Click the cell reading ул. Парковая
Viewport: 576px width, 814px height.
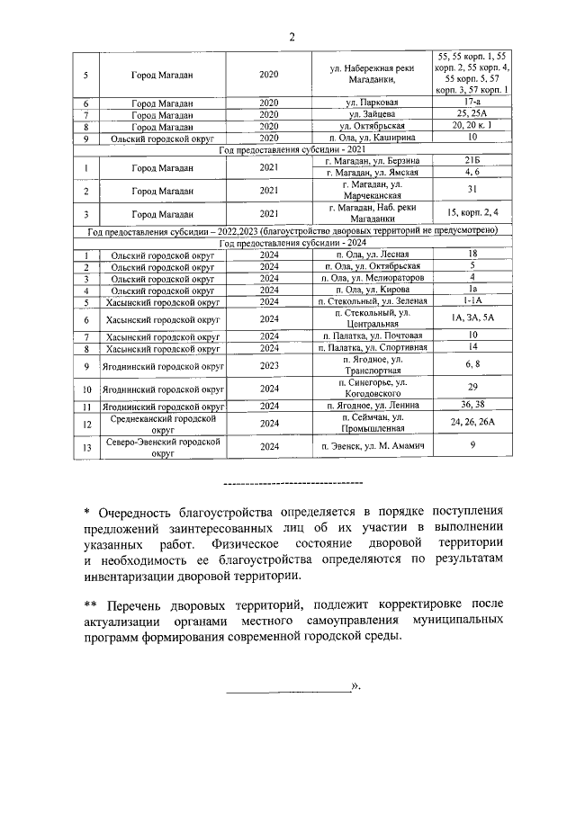click(373, 103)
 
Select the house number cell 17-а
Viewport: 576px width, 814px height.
click(472, 103)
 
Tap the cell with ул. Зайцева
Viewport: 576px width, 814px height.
click(373, 115)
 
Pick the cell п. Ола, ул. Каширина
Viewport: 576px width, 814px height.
click(373, 139)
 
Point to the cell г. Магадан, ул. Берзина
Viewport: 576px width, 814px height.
click(373, 159)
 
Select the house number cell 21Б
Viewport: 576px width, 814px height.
click(472, 159)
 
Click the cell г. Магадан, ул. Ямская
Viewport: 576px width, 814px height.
click(373, 171)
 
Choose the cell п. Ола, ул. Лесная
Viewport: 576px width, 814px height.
click(373, 255)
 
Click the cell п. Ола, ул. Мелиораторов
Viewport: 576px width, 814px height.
click(373, 278)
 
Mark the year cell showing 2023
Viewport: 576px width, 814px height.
click(269, 366)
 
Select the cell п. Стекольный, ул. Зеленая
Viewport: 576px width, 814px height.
click(373, 301)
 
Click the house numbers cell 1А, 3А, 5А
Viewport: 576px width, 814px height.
click(472, 318)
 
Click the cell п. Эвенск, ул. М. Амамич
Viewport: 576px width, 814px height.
click(373, 447)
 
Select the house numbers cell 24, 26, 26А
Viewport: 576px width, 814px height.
click(472, 424)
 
